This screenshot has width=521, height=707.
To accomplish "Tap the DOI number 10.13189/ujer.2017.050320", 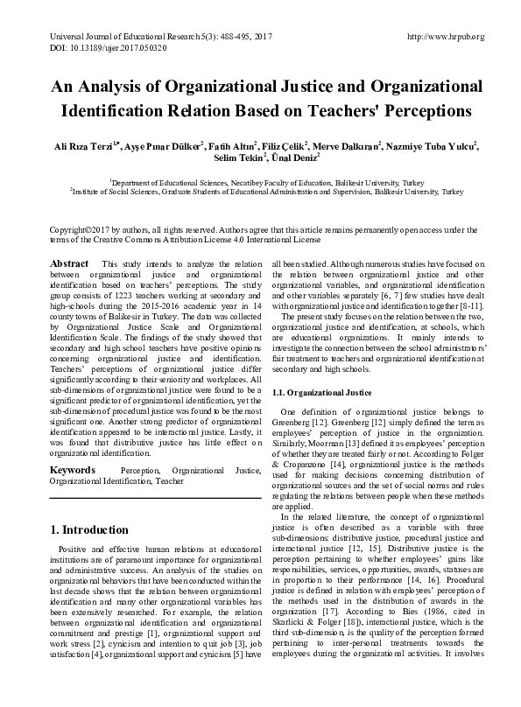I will pos(105,49).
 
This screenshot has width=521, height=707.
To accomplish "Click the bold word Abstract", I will pos(69,263).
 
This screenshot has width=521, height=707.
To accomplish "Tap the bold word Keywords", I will pos(73,470).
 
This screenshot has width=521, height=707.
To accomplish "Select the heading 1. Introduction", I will pos(89,530).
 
